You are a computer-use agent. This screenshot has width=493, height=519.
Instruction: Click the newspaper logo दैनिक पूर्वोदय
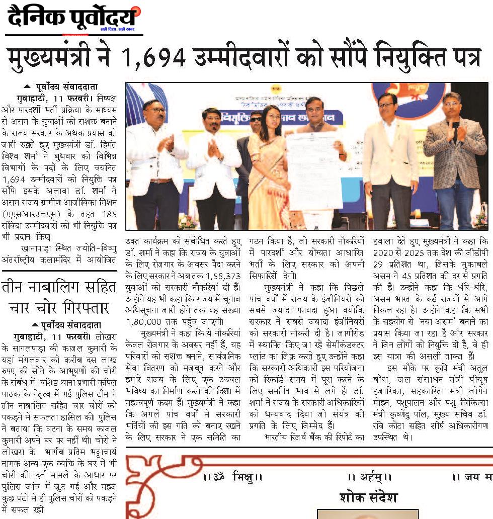click(x=72, y=18)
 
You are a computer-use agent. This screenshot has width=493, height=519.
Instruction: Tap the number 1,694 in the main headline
click(x=154, y=57)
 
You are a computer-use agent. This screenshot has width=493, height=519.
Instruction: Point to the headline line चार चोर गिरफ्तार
click(x=59, y=308)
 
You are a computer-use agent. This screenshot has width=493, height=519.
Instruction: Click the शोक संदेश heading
click(x=368, y=497)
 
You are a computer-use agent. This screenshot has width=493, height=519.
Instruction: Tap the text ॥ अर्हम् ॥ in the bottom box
click(x=369, y=476)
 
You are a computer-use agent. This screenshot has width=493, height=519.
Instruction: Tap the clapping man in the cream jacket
click(x=390, y=156)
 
